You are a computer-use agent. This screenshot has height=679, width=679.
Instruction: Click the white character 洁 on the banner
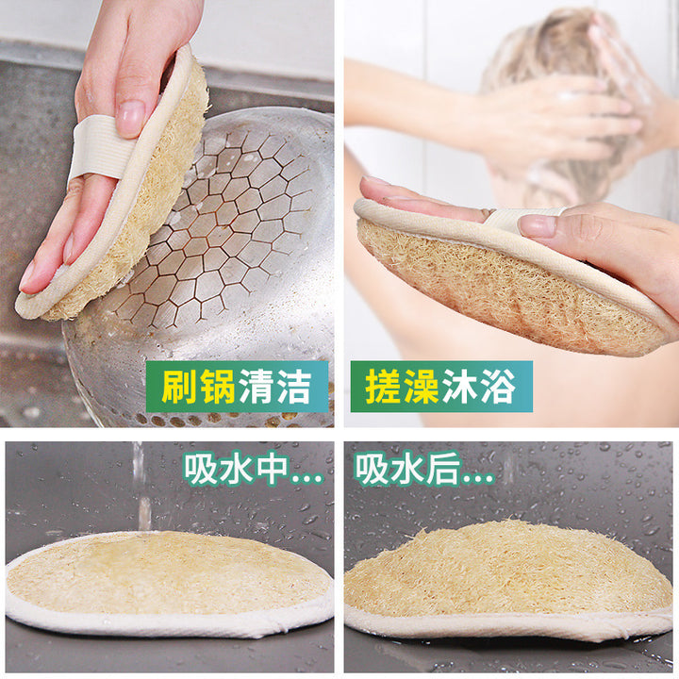tap(294, 386)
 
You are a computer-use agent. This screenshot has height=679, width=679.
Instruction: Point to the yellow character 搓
tap(383, 386)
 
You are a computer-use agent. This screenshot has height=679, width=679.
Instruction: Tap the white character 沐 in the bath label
tap(459, 386)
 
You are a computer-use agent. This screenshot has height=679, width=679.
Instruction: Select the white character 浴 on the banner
tap(498, 386)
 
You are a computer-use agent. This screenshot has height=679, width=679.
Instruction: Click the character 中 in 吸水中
tap(272, 470)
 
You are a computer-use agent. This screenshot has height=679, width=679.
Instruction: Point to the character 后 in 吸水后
tap(442, 470)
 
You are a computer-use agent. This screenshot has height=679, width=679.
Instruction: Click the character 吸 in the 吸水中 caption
tap(201, 470)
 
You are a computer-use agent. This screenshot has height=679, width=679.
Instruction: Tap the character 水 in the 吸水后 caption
tap(406, 470)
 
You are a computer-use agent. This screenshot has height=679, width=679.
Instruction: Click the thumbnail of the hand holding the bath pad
tap(537, 225)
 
